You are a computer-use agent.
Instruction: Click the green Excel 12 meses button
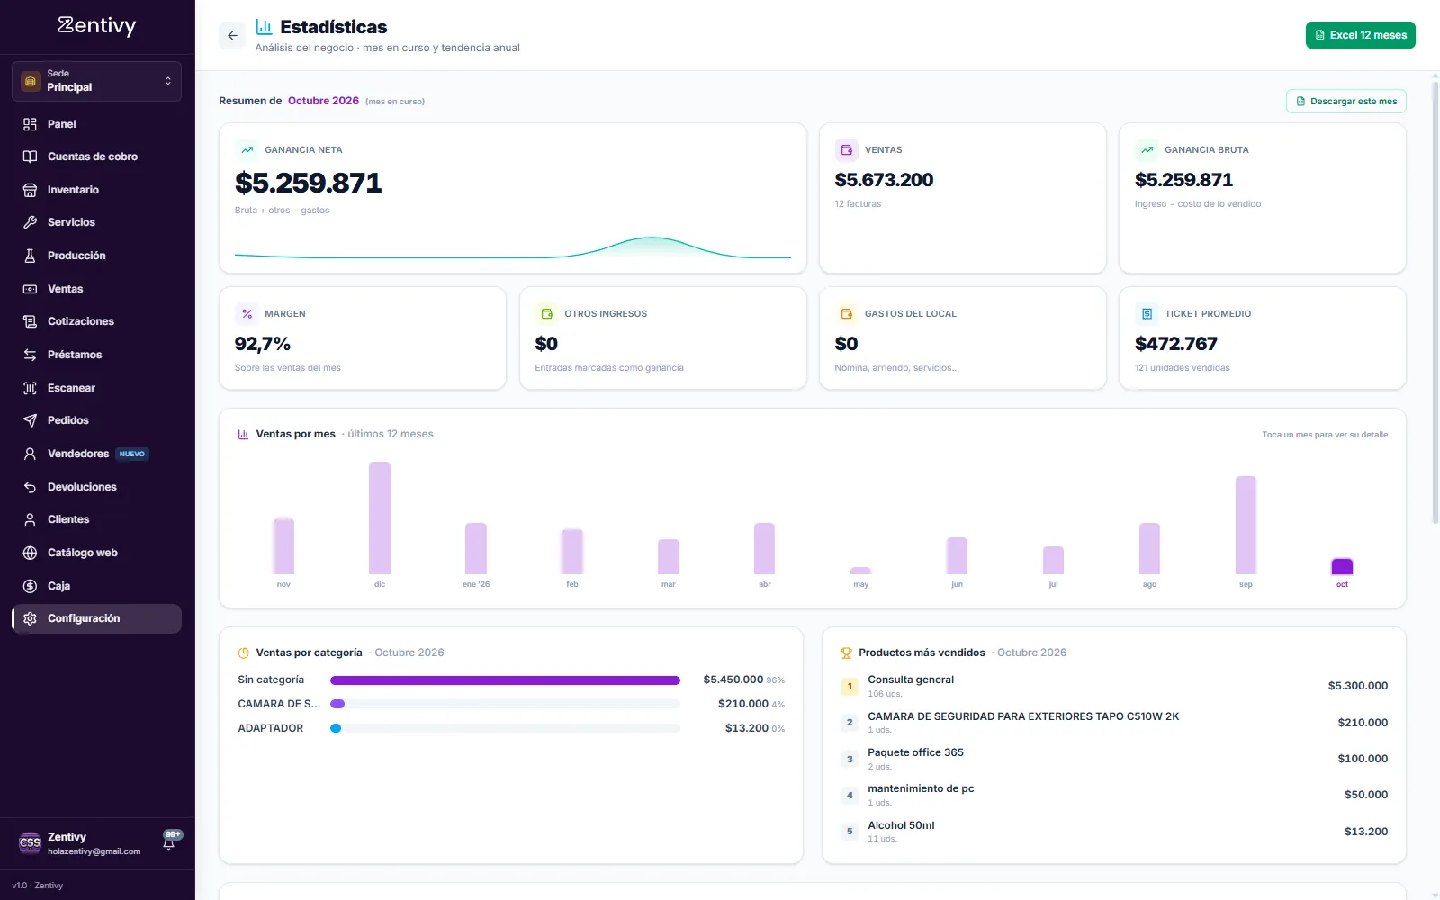click(1360, 35)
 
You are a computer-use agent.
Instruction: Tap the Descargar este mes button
click(1346, 102)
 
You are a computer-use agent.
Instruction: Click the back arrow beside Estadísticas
click(232, 35)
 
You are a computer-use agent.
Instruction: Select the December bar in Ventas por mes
click(379, 517)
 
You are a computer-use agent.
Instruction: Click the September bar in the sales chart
click(1246, 526)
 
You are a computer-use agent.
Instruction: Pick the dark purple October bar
click(1342, 566)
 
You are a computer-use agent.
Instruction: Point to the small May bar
click(860, 571)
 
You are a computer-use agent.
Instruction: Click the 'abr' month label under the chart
click(764, 584)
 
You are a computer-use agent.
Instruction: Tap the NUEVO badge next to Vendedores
click(131, 454)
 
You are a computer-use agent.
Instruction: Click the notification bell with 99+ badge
click(169, 842)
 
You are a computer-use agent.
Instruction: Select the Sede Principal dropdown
click(96, 81)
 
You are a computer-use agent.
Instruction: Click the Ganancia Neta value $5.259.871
click(309, 184)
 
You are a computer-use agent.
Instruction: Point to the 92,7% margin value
click(262, 344)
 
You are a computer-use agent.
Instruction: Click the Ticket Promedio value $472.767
click(1175, 344)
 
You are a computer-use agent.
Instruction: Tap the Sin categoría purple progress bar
click(505, 680)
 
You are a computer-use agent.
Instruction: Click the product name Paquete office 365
click(915, 752)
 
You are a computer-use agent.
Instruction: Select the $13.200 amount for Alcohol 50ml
click(1366, 832)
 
